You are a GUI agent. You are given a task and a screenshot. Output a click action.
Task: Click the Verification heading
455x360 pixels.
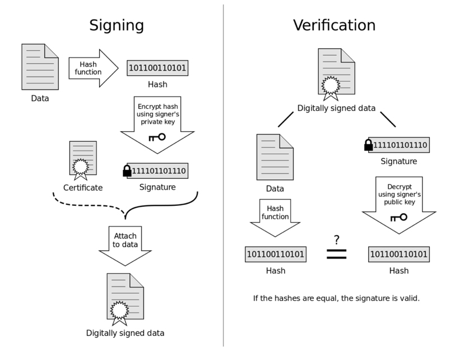pos(335,25)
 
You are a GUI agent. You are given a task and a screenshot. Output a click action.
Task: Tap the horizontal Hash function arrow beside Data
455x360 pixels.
pos(94,68)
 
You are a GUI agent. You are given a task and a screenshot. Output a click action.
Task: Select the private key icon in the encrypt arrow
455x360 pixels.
pos(157,137)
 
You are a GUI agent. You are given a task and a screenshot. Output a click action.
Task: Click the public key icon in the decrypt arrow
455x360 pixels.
pos(399,217)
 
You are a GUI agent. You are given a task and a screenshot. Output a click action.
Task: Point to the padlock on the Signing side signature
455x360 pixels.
pos(127,170)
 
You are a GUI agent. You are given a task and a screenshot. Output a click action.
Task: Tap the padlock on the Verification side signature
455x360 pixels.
pos(368,145)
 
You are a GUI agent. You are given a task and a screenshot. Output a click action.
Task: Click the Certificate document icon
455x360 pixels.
pos(83,160)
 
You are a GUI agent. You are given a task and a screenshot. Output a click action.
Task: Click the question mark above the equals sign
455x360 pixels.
pos(336,240)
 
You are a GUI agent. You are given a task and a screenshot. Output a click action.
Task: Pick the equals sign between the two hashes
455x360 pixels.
pos(337,254)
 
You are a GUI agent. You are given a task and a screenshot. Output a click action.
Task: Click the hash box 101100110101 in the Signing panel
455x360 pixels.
pos(157,68)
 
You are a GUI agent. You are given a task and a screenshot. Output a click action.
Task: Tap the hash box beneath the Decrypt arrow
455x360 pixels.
pos(399,255)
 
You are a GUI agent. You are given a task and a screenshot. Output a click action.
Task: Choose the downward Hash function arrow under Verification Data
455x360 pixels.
pos(275,218)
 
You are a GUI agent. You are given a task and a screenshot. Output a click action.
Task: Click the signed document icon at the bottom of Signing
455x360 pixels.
pos(125,299)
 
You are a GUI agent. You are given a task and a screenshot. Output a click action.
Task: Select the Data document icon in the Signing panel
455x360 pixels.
pos(40,67)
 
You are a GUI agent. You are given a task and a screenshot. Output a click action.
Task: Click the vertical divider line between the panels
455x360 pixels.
pos(223,176)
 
